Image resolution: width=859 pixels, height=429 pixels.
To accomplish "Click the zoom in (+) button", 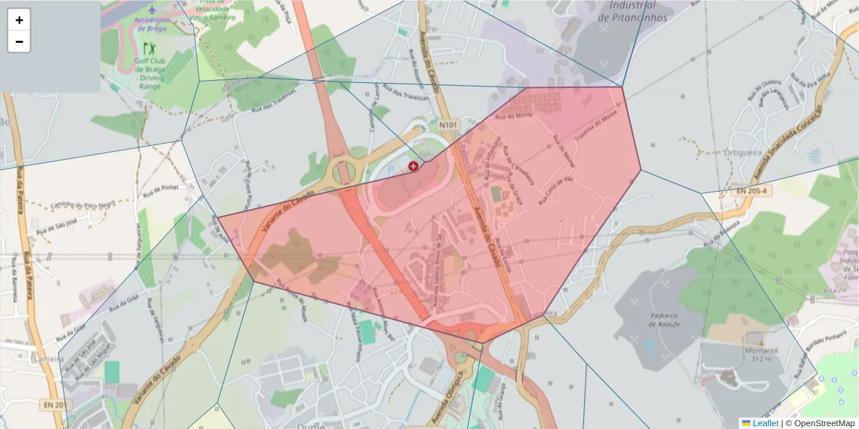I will (19, 20).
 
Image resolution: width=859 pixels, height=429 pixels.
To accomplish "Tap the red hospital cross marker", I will (413, 166).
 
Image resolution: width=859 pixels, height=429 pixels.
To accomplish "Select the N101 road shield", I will (448, 125).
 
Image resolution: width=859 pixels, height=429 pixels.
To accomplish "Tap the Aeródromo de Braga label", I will (150, 24).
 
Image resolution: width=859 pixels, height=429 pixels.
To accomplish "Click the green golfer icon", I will (150, 49).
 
